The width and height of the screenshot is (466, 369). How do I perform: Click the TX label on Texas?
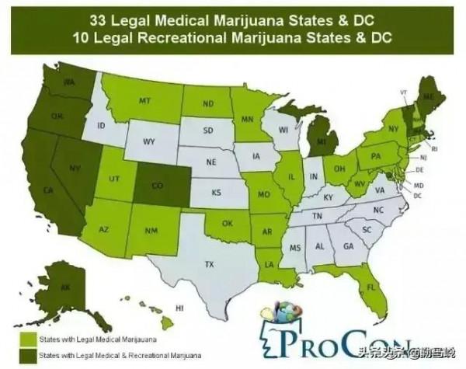tap(209, 265)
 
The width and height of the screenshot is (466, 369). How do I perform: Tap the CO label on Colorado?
tap(156, 185)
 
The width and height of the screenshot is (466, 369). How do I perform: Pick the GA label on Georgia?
tap(346, 247)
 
